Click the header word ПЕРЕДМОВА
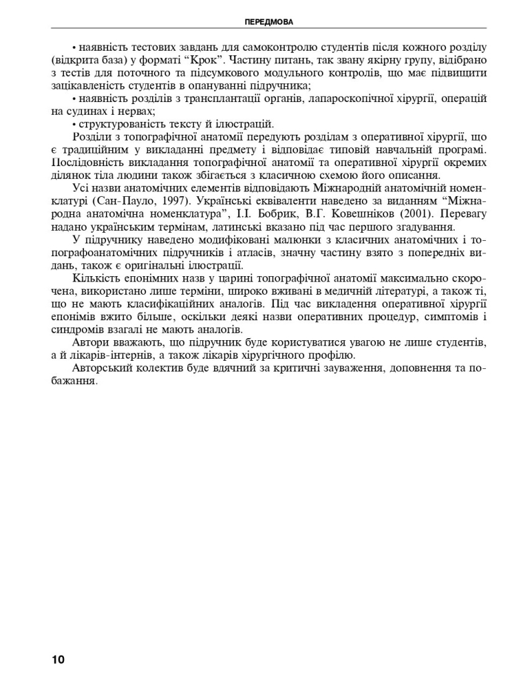point(269,22)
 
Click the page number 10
point(58,660)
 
